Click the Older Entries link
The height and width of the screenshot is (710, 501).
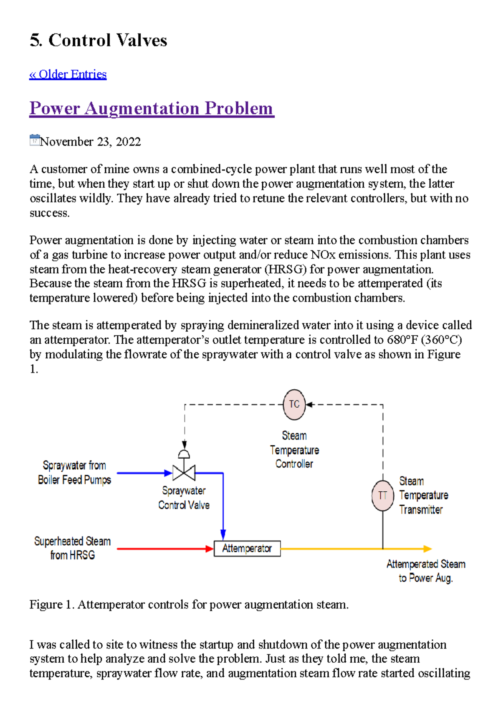[x=68, y=74]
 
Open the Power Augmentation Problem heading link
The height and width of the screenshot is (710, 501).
[x=152, y=108]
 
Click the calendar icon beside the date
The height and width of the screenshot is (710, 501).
[x=35, y=140]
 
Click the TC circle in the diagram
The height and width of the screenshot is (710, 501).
[x=294, y=404]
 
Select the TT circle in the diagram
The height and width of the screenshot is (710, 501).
[x=382, y=496]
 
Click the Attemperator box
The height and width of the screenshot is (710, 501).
[x=247, y=548]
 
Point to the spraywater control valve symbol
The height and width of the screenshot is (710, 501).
[x=184, y=472]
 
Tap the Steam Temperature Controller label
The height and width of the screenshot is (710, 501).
[x=294, y=450]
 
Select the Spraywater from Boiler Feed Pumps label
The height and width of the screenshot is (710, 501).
[x=74, y=472]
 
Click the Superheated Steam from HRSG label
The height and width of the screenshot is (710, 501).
[x=72, y=548]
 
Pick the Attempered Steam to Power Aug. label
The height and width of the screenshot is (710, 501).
[x=425, y=571]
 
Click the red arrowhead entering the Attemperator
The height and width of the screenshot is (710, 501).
[x=210, y=549]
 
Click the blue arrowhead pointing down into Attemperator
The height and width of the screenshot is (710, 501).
[x=223, y=535]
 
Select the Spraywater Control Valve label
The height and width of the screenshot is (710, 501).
[x=184, y=498]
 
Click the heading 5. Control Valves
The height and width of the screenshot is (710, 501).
[x=98, y=41]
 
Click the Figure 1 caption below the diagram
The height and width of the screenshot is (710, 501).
[x=189, y=605]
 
